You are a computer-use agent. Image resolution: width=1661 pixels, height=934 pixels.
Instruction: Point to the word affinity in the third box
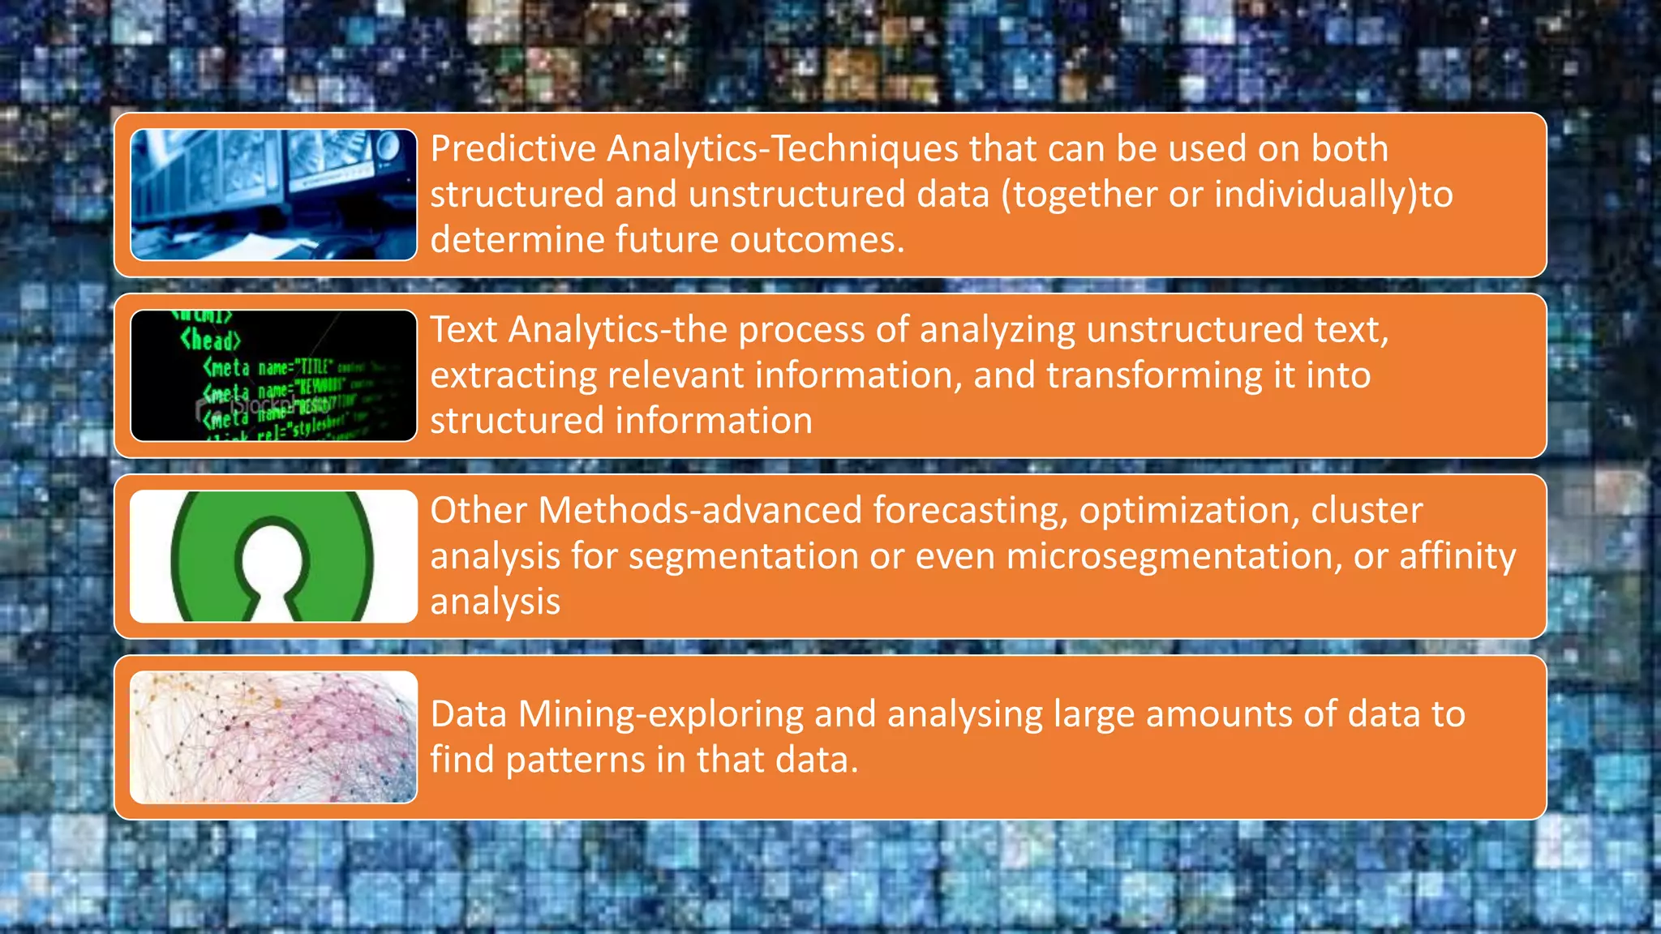coord(1457,556)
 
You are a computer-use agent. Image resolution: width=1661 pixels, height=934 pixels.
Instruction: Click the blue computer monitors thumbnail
coord(274,195)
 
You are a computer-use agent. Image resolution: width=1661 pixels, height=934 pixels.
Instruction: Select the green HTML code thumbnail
coord(274,375)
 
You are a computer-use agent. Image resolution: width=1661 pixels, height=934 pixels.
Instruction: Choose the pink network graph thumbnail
coord(274,737)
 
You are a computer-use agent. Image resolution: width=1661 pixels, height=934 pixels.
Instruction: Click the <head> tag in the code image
coord(210,340)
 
